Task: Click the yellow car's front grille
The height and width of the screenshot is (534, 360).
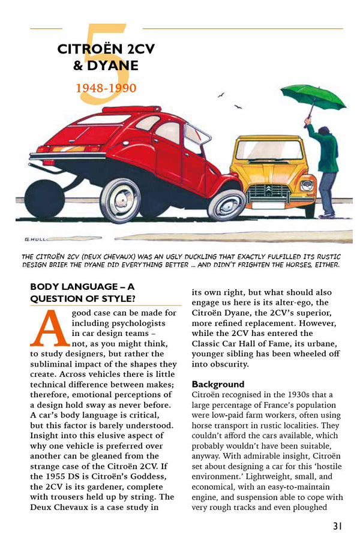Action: click(268, 193)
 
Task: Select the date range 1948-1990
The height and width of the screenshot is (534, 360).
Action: click(106, 88)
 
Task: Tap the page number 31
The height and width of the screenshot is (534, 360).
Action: click(337, 526)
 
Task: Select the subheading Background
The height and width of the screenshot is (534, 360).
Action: click(218, 384)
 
